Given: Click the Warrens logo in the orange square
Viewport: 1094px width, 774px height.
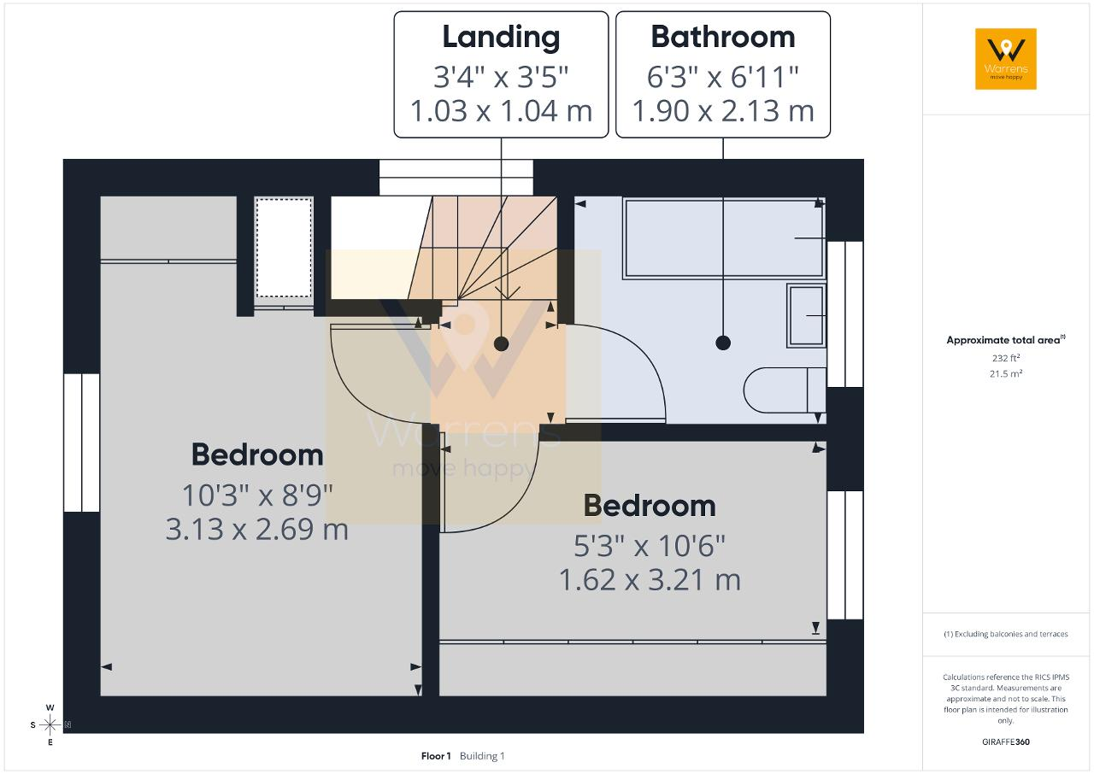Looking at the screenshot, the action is [1006, 59].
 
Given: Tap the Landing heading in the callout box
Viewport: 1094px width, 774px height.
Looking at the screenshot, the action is [501, 37].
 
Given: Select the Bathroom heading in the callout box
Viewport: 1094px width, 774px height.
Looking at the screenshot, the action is [723, 37].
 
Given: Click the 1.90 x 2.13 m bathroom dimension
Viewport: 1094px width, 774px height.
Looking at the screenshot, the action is [723, 111].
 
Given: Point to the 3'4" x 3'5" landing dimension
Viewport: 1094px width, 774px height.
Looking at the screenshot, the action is [501, 77].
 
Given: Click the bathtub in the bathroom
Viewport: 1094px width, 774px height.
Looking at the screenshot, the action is [724, 238].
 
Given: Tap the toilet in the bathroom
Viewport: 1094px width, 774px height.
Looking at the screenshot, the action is [785, 390].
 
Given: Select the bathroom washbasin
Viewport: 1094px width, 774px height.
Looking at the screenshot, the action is [806, 316].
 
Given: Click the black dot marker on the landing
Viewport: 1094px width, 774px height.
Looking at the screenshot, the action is [501, 343].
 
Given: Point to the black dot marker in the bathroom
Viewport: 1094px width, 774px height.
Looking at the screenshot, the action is [723, 343].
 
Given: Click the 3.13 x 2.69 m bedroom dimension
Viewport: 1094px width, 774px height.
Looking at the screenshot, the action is [257, 529].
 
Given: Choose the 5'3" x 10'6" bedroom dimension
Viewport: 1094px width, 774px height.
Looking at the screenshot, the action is [650, 546].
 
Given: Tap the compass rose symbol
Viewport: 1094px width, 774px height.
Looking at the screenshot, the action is [50, 724].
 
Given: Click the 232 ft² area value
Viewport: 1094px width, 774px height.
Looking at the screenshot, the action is [1006, 358].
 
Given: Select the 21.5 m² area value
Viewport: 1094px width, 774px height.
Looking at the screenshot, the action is [1006, 373].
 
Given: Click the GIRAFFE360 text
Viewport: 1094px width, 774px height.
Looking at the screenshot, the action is [1006, 742].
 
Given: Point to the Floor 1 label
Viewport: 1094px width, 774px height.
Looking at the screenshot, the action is [436, 756].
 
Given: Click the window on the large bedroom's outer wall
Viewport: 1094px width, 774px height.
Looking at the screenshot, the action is [81, 443].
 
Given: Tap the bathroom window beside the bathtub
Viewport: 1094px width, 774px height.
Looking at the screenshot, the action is [845, 314].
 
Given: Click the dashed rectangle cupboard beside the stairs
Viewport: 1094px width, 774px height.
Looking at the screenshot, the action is [284, 248].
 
